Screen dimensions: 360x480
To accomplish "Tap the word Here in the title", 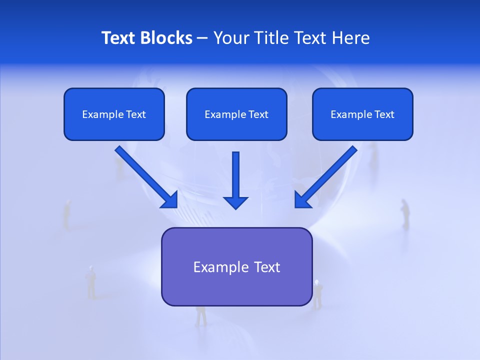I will (350, 38).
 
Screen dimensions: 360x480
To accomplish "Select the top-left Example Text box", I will (114, 114).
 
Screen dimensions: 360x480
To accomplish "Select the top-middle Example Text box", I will (236, 114).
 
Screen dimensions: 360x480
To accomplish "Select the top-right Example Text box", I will (362, 114).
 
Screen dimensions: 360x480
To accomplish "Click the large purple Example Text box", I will (236, 266).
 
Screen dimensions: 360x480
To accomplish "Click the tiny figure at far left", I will (67, 214).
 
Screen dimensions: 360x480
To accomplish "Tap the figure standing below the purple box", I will (201, 316).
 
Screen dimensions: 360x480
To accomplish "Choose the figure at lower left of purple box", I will (91, 282).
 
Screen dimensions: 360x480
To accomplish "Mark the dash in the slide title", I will (202, 38).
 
